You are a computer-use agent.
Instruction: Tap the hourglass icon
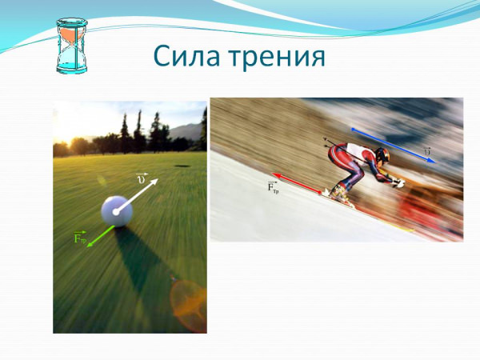[x=72, y=46]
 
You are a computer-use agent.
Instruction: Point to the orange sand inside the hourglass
[x=72, y=34]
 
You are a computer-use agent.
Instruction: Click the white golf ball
[x=117, y=211]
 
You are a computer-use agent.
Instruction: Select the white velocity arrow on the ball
[x=137, y=195]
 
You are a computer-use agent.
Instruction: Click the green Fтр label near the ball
[x=79, y=238]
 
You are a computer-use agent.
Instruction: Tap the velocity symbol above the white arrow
[x=142, y=178]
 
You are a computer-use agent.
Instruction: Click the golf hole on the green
[x=182, y=166]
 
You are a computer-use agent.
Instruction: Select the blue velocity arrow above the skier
[x=393, y=146]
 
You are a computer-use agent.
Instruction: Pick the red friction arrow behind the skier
[x=297, y=184]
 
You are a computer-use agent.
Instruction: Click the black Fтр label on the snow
[x=273, y=186]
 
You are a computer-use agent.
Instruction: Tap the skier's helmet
[x=382, y=155]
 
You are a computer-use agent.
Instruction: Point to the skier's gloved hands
[x=398, y=182]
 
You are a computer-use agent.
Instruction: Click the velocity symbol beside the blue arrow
[x=427, y=151]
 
